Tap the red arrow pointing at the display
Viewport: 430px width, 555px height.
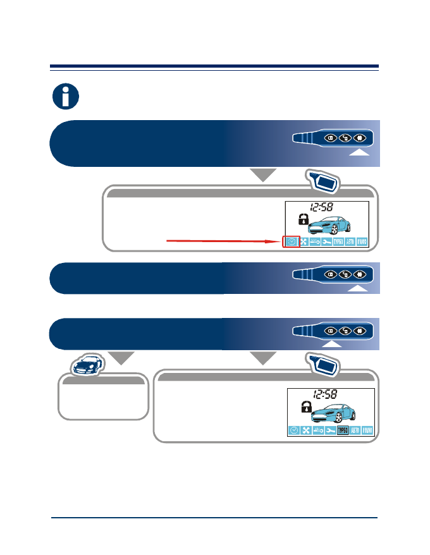[x=221, y=240]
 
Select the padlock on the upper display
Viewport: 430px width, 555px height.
[x=304, y=220]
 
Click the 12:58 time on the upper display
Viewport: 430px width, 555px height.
[x=322, y=207]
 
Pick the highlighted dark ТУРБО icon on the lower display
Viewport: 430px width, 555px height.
[x=343, y=430]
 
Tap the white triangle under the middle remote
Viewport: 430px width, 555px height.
[x=359, y=288]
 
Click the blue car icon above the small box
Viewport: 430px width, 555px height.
[x=87, y=365]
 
